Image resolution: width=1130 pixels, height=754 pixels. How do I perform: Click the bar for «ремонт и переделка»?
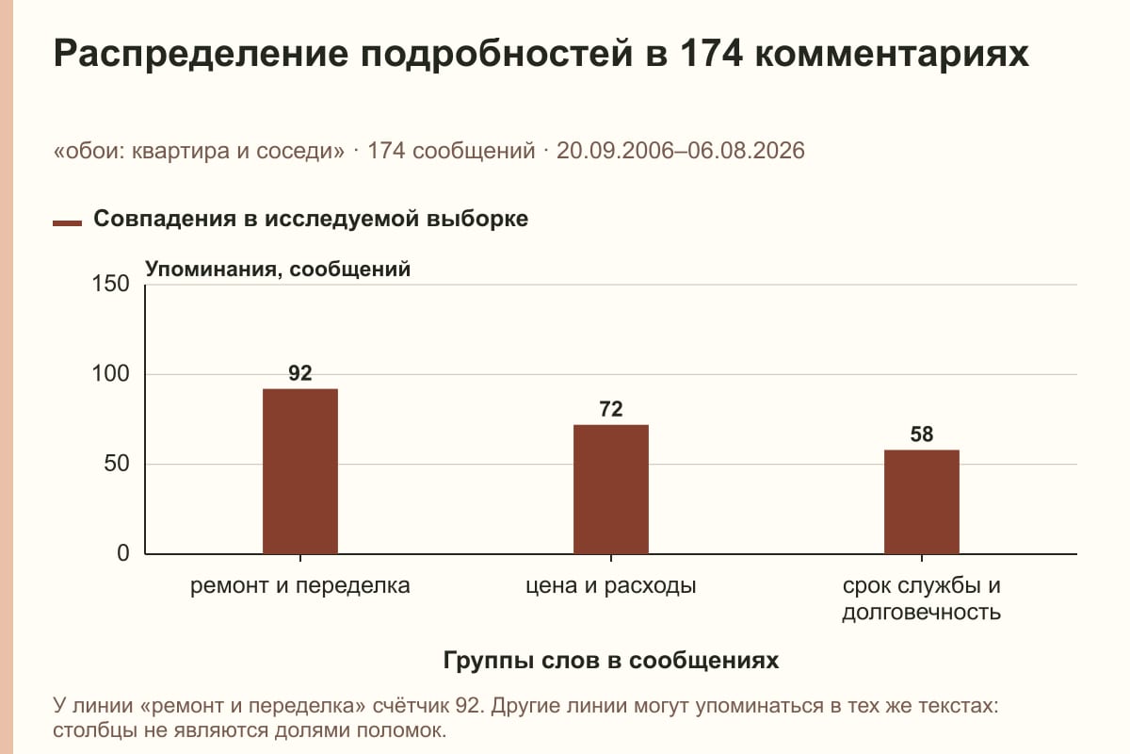click(300, 471)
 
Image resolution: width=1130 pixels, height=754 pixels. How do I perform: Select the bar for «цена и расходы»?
click(611, 489)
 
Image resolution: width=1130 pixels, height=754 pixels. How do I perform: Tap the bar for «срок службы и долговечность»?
click(922, 502)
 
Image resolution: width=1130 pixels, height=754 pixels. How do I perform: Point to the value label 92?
click(300, 373)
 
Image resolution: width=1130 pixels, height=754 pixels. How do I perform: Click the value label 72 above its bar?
click(611, 409)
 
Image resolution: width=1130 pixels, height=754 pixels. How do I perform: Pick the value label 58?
click(922, 434)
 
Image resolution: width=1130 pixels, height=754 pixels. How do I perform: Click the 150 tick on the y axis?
click(110, 284)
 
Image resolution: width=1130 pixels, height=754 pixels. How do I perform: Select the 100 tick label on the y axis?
click(110, 374)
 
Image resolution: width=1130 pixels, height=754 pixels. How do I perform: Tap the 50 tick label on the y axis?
click(117, 464)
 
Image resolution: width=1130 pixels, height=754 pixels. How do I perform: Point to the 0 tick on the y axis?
click(123, 553)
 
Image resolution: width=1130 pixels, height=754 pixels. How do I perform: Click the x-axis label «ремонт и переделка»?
click(300, 586)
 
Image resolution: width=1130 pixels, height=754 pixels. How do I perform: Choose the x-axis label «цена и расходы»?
click(611, 586)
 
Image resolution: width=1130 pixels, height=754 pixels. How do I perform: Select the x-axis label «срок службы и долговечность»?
click(922, 598)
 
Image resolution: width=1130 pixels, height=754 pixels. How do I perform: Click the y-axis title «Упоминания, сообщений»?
click(278, 270)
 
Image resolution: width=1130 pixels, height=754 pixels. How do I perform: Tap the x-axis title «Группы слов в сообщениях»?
click(611, 660)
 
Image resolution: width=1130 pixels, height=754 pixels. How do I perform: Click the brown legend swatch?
click(67, 223)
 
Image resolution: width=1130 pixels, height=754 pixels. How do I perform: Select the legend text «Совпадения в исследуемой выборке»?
click(311, 219)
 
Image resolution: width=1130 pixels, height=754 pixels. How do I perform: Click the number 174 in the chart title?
click(711, 53)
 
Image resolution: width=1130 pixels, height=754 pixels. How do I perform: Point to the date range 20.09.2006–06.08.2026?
click(681, 151)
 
